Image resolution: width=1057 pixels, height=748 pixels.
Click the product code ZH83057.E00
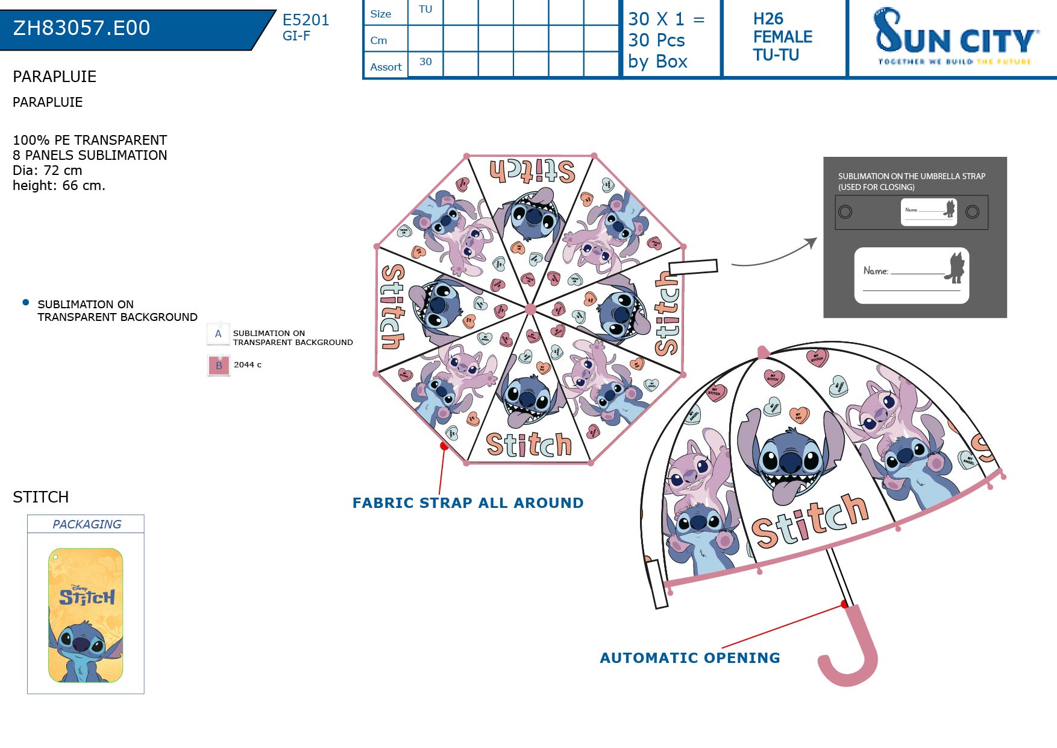click(x=81, y=28)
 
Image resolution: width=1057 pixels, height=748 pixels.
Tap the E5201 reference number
click(x=306, y=20)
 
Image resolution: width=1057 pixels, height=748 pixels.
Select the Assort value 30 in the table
click(x=425, y=62)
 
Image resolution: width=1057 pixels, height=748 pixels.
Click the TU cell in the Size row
click(x=425, y=10)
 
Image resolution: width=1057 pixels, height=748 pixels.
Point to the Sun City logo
click(x=956, y=37)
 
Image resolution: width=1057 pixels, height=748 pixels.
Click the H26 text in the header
click(x=768, y=19)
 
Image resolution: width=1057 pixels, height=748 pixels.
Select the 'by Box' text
click(x=657, y=62)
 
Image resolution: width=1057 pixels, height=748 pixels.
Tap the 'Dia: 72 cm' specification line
click(x=47, y=170)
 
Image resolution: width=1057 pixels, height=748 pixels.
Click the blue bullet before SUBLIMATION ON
click(x=25, y=302)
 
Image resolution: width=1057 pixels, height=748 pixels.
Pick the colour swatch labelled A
click(x=218, y=334)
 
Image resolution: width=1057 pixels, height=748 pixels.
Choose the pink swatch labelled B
click(x=219, y=366)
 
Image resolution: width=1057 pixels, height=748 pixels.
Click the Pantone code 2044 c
click(x=248, y=365)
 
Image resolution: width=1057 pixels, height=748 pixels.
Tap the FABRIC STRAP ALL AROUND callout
click(x=468, y=503)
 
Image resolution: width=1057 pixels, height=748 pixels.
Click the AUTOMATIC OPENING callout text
click(x=689, y=658)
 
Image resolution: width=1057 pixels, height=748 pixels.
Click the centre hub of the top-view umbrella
click(x=530, y=309)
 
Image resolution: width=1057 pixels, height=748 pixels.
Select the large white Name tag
click(x=911, y=276)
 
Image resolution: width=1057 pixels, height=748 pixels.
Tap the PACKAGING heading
click(x=87, y=524)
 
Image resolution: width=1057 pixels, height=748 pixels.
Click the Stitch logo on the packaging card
click(x=87, y=597)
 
